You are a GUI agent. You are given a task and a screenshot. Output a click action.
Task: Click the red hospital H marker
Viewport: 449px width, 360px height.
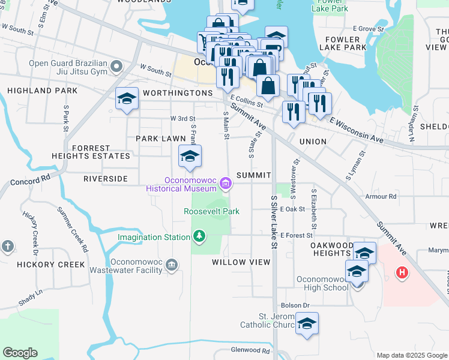click(x=402, y=274)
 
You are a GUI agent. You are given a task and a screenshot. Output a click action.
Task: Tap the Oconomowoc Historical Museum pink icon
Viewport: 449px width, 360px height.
click(x=226, y=184)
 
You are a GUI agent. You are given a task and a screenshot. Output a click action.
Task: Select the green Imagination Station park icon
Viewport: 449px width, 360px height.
click(x=199, y=237)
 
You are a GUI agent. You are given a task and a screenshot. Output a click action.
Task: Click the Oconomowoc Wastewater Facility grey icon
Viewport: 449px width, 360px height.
click(x=172, y=265)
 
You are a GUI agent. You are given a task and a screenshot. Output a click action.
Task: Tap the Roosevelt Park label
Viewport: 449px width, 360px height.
click(x=211, y=211)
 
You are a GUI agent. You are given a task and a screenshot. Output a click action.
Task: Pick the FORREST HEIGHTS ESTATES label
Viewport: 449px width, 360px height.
click(x=100, y=152)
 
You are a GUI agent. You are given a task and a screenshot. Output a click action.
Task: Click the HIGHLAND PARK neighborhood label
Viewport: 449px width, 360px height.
click(x=42, y=91)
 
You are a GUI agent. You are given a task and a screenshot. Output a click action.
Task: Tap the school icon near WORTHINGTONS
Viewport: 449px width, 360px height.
click(x=127, y=99)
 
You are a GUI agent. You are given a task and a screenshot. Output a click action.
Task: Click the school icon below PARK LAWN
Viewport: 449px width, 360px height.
click(x=190, y=157)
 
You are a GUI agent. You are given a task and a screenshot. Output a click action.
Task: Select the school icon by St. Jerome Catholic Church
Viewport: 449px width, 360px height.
click(x=307, y=325)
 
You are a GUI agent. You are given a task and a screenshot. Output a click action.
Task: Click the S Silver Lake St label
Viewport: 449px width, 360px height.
click(x=274, y=222)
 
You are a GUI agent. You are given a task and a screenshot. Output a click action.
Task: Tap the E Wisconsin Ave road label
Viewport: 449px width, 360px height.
click(x=357, y=130)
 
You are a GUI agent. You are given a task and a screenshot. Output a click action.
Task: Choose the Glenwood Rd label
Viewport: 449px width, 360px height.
click(x=250, y=350)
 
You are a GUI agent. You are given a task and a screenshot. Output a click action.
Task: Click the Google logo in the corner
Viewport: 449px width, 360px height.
click(x=20, y=353)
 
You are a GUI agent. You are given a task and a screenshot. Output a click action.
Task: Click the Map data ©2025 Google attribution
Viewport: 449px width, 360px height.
click(x=412, y=355)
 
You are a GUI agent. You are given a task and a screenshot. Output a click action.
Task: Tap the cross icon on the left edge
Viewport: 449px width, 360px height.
click(x=7, y=246)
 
